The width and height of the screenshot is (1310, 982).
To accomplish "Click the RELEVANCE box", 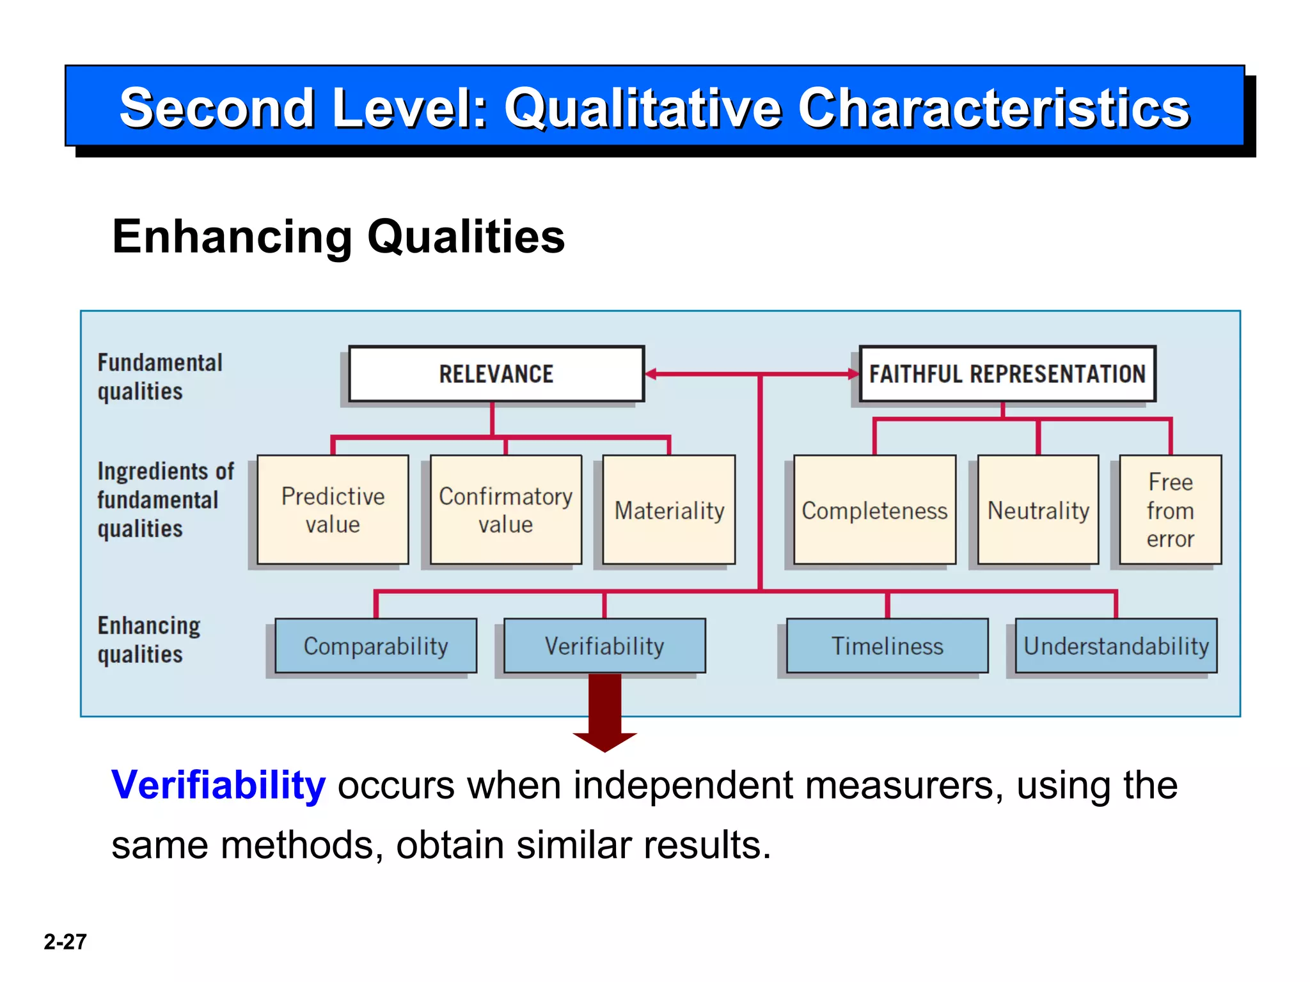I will click(x=496, y=374).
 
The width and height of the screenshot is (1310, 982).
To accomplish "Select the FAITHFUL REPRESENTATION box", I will click(x=1007, y=374).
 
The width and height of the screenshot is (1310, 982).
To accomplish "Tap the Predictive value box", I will click(x=333, y=510).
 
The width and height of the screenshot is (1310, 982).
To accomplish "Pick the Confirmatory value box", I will click(x=505, y=510).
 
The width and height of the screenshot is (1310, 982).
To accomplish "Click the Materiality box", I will click(x=669, y=510).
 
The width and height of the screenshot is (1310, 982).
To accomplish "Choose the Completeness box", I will click(x=874, y=510).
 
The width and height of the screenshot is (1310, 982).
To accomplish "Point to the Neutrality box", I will click(x=1038, y=510).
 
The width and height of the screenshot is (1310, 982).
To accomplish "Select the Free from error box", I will click(x=1170, y=510).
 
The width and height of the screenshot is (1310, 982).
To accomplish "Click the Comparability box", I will click(x=375, y=646).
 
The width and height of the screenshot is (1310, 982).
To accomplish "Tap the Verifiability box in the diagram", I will click(x=604, y=646).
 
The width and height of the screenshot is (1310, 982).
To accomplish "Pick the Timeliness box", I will click(x=887, y=646).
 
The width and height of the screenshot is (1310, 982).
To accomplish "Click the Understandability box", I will click(x=1116, y=646).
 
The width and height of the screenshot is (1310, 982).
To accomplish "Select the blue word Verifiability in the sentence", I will click(x=218, y=785).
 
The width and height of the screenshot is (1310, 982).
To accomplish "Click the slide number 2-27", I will click(x=65, y=942).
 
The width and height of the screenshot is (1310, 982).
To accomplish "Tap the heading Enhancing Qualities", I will click(x=338, y=237).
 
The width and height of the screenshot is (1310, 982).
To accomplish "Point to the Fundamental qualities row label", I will click(x=159, y=377).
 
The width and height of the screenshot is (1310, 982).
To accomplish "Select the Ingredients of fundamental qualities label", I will click(x=165, y=500).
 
